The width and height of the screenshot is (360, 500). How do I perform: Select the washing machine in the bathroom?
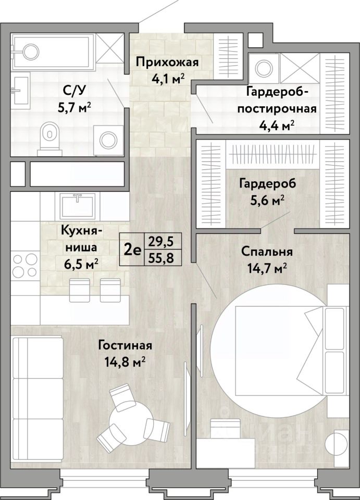(108, 140)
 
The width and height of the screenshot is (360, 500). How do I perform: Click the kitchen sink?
(77, 205)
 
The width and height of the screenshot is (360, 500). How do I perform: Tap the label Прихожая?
(167, 62)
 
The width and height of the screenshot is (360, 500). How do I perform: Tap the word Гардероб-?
(277, 92)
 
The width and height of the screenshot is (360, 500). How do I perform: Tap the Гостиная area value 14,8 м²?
(125, 362)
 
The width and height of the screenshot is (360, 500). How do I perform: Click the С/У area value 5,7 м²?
(74, 107)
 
